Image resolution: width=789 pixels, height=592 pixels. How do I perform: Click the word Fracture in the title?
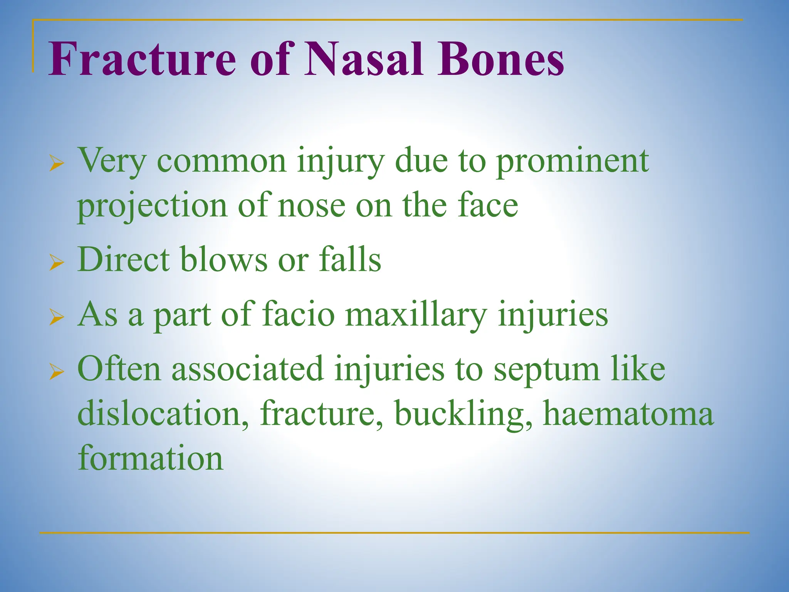[142, 60]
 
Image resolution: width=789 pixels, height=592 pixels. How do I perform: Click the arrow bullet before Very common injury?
[57, 165]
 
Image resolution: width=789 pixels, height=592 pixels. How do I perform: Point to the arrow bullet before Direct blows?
[57, 264]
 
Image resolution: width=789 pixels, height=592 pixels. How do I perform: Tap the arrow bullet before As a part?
[57, 318]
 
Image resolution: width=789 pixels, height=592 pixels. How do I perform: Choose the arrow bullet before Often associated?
[57, 373]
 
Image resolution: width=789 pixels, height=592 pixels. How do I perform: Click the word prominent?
[572, 162]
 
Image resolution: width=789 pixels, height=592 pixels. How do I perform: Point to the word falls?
[350, 260]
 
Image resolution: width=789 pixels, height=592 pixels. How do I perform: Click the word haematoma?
[628, 414]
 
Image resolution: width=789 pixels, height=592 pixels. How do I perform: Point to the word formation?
[150, 459]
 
